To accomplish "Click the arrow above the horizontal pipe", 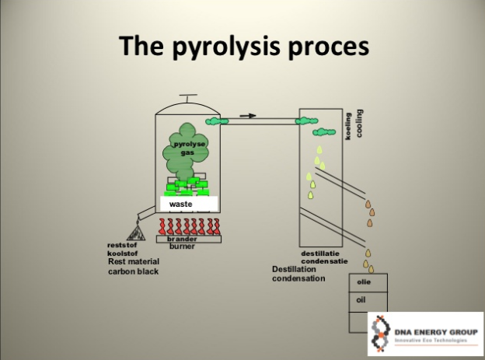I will [247, 116].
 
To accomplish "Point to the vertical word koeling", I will [349, 124].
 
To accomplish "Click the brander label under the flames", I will [182, 239].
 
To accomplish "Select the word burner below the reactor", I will [181, 246].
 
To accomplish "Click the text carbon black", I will [132, 272].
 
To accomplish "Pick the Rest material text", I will [134, 263].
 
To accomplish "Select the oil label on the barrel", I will [361, 299].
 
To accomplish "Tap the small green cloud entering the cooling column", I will [311, 121].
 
